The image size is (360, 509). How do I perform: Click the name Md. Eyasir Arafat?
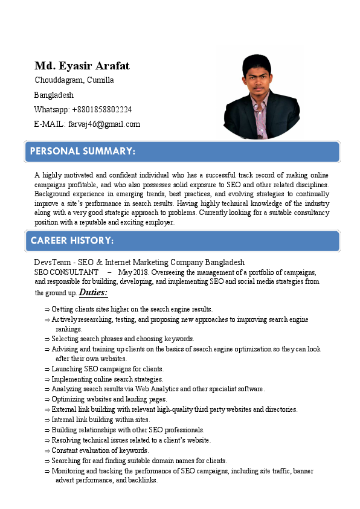82,66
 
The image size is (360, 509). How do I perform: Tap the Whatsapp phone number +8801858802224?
102,109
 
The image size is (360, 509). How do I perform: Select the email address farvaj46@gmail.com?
104,124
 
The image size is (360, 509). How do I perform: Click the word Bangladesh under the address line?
54,95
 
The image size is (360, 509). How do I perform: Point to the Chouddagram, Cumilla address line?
74,80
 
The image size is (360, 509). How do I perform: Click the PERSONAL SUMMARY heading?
83,150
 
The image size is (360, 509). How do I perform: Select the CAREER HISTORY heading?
72,240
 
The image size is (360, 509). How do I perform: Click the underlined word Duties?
93,293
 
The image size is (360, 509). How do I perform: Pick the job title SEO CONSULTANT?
66,272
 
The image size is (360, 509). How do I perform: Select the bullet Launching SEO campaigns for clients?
108,369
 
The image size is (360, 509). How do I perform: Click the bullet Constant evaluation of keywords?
100,450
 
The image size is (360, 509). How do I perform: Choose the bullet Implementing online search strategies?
108,379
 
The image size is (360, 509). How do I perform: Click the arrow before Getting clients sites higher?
47,309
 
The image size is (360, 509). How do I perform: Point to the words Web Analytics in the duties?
158,389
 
